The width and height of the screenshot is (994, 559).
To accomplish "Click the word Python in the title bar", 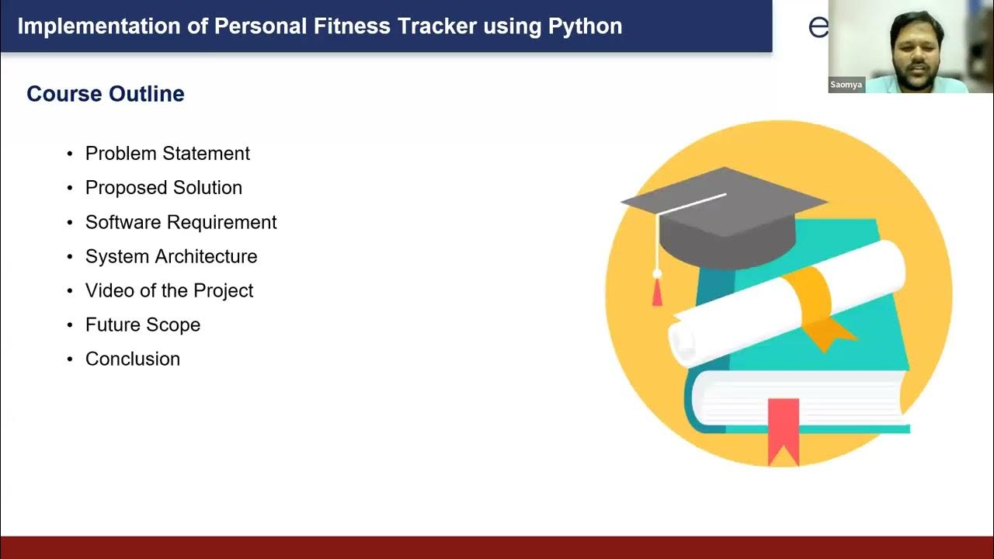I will (585, 26).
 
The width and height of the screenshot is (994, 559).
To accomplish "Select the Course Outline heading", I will (106, 94).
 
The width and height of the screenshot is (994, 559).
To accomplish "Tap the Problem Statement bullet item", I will (168, 154).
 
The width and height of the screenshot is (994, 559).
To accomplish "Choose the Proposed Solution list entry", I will (164, 188).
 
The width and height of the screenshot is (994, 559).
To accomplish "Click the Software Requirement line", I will (181, 222).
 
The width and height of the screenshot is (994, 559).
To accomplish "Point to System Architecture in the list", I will (171, 256).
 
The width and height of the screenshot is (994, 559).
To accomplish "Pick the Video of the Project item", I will (169, 290).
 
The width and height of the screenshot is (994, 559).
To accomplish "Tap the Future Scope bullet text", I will (143, 325).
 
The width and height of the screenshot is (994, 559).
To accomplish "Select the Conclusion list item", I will (133, 359).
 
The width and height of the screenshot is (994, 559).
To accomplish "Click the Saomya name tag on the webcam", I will (846, 85).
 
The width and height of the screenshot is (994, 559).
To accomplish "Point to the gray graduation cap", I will (726, 214).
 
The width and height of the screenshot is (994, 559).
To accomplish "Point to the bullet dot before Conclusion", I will (70, 359).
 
